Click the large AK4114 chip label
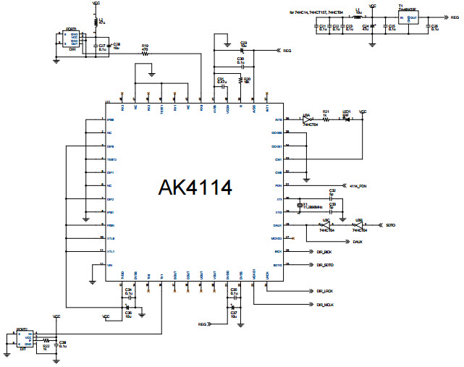click(195, 188)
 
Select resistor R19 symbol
click(145, 54)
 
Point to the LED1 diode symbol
click(347, 119)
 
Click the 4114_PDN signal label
click(359, 185)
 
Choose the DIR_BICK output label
click(324, 252)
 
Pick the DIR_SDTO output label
click(325, 265)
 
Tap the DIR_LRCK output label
click(324, 291)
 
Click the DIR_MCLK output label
click(325, 305)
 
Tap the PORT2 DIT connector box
click(25, 339)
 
